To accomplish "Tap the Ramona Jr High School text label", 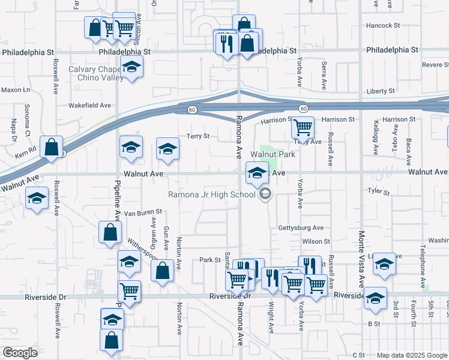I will tap(212, 194).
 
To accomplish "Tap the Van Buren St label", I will tap(143, 212).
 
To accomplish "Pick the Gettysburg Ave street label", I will tap(301, 228).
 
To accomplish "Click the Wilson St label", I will tap(316, 241).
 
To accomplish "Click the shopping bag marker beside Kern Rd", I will tap(52, 146).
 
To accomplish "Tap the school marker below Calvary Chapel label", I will tap(131, 68).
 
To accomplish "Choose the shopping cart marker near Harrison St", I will tap(303, 127).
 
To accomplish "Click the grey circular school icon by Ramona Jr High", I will tap(265, 194).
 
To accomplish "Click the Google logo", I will tap(20, 353).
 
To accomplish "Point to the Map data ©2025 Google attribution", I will tap(411, 355).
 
